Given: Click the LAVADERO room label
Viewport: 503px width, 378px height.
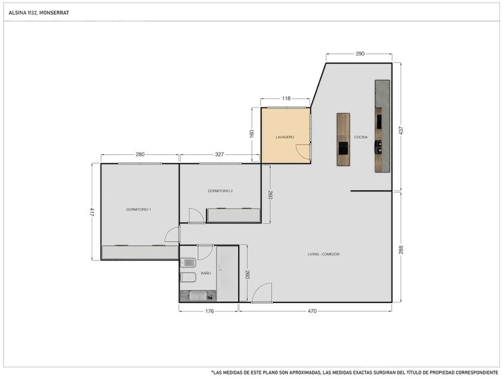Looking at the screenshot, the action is click(x=285, y=137).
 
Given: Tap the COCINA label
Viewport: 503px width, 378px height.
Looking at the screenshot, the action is click(x=361, y=137).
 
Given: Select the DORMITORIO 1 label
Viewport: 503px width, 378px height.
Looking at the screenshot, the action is click(x=138, y=209).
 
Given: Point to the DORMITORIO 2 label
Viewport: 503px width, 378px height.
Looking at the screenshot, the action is click(x=220, y=191).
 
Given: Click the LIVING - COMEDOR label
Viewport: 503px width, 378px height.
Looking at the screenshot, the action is click(x=324, y=254).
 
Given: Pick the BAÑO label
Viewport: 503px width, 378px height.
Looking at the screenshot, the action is click(x=206, y=273).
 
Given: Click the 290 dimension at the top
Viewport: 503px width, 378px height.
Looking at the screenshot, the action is click(x=360, y=53).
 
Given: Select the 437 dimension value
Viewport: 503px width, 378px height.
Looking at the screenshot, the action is click(x=401, y=130).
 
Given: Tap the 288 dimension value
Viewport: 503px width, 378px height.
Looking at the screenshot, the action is click(x=401, y=250).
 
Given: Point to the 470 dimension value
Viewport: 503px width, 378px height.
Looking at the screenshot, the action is click(x=312, y=311).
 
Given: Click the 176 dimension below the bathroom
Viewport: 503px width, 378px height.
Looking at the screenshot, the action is click(x=210, y=311).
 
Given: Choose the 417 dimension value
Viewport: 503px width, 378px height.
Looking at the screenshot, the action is click(x=92, y=212).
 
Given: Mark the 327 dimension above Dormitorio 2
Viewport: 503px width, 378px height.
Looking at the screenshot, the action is click(x=219, y=155).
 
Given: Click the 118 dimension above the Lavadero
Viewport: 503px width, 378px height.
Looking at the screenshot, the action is click(x=286, y=98).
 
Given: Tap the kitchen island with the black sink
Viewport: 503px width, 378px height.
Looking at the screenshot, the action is click(x=343, y=139).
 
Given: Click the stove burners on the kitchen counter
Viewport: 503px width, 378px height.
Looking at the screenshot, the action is click(x=379, y=146).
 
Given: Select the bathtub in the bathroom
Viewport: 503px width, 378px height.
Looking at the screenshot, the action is click(x=198, y=296).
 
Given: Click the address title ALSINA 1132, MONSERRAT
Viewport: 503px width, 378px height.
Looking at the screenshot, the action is click(x=39, y=13).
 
